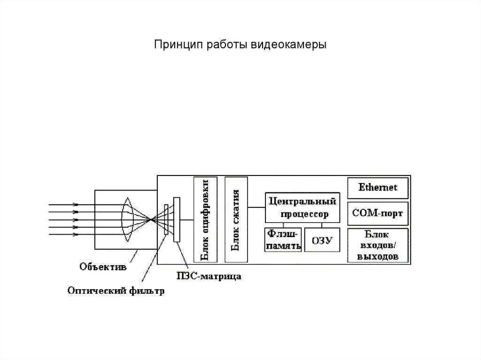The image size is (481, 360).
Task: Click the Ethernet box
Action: click(378, 188)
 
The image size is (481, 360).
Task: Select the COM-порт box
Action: click(378, 214)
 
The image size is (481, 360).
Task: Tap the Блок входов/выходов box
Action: click(378, 245)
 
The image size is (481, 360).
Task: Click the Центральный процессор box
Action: click(303, 207)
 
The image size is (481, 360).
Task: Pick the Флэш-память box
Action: click(283, 239)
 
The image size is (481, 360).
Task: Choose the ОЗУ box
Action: click(322, 240)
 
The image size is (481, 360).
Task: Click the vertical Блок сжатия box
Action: click(236, 219)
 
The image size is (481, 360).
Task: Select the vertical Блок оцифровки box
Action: click(205, 219)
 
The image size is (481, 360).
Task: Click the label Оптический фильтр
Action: click(116, 291)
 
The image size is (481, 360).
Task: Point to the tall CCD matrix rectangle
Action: click(176, 220)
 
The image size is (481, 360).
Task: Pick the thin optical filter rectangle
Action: click(166, 219)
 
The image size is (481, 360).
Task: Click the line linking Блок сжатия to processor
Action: click(256, 207)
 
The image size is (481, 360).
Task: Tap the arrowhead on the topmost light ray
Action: click(76, 204)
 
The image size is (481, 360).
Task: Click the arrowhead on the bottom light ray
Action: click(76, 234)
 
